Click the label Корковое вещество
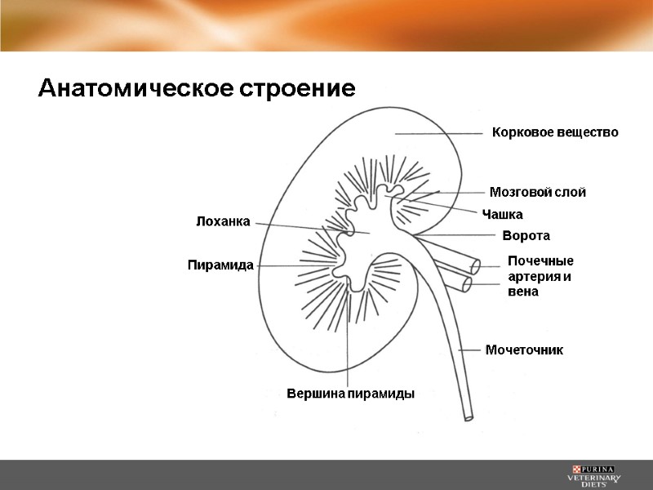point(554,132)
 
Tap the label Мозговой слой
point(537,193)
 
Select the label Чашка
point(502,214)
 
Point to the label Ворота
point(526,236)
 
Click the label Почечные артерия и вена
point(540,276)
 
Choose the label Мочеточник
point(524,350)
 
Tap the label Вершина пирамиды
point(351,394)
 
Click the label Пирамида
point(220,265)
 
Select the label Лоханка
point(222,220)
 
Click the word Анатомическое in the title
point(135,88)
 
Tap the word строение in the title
point(296,88)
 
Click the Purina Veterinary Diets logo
point(595,475)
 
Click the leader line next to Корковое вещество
point(438,132)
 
